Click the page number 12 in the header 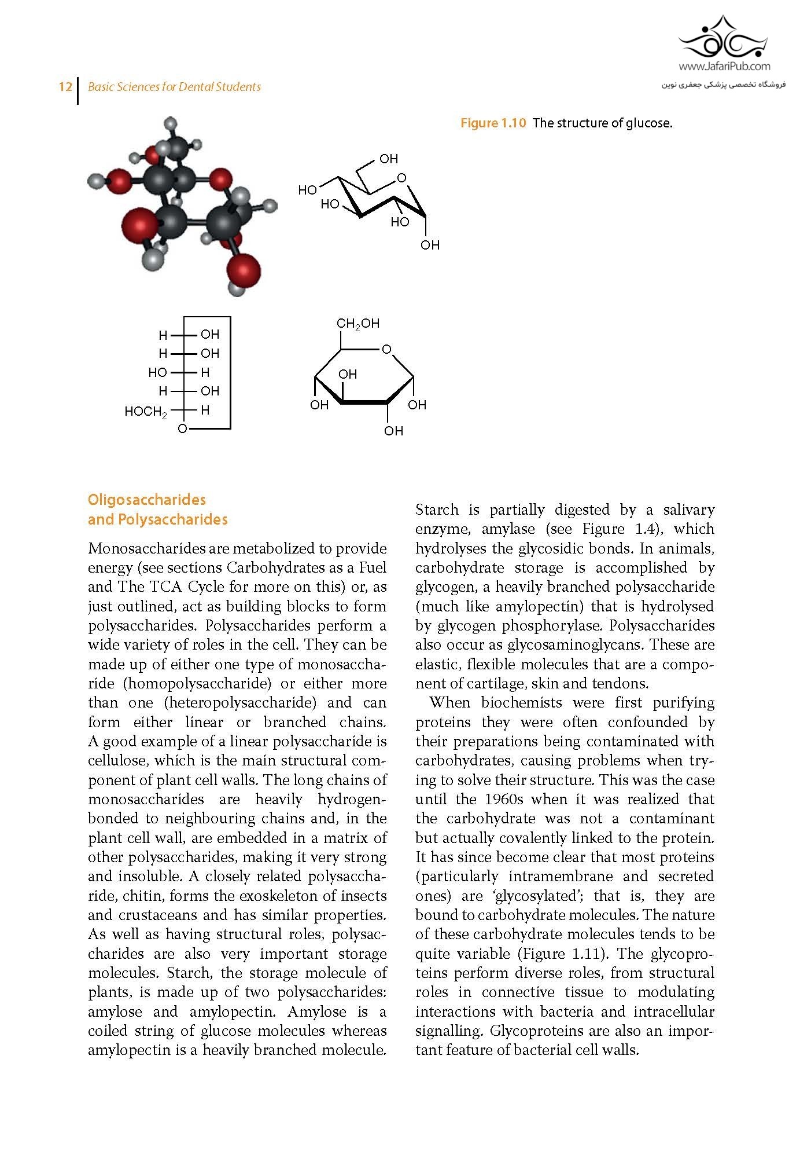[65, 87]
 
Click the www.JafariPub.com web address [724, 67]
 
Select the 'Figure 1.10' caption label [493, 123]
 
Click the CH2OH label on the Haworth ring [358, 324]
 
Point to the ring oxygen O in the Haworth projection [386, 349]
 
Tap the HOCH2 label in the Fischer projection [146, 412]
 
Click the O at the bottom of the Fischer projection [183, 429]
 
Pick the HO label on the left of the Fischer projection [157, 372]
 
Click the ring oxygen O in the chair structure [401, 178]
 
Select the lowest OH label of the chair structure [430, 245]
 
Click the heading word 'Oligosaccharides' [147, 500]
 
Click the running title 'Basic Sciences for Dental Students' [174, 87]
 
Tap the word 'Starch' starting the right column [437, 510]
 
